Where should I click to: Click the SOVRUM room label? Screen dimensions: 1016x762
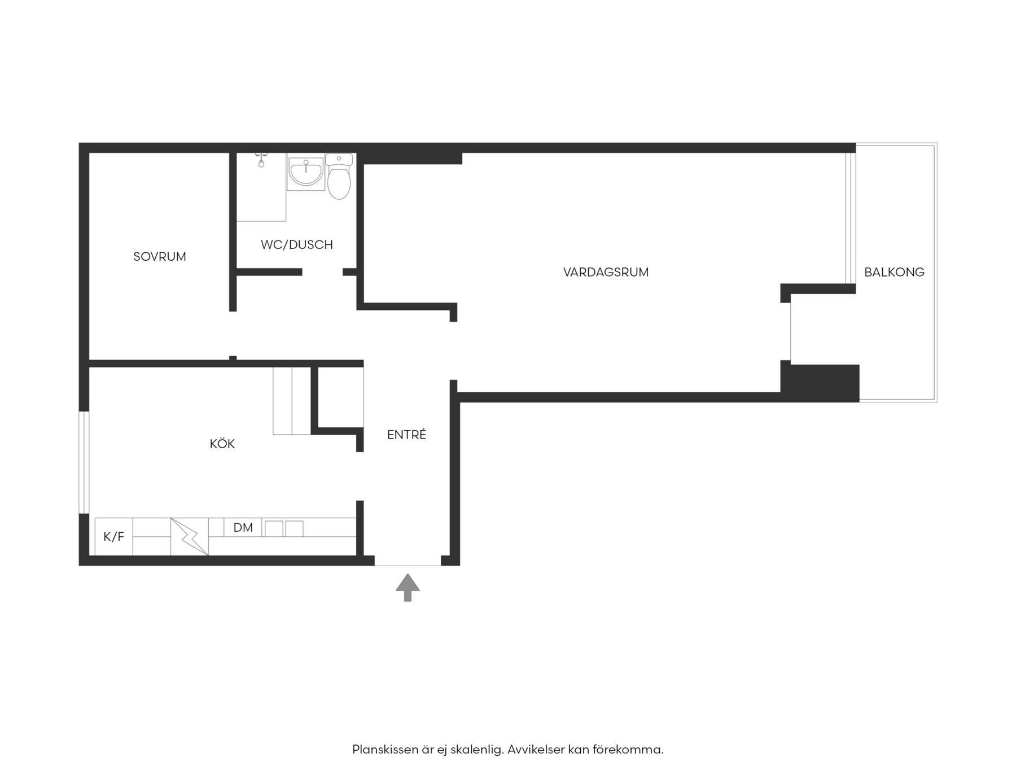click(x=160, y=257)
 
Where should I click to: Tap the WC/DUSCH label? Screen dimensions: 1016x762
click(x=297, y=245)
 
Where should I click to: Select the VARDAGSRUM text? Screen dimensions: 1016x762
click(x=606, y=272)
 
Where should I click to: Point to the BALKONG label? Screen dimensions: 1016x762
click(x=894, y=272)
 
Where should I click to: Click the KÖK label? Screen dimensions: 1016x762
click(x=222, y=444)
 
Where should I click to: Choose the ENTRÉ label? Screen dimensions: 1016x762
click(x=406, y=435)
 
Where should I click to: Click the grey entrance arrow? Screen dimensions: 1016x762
click(x=408, y=588)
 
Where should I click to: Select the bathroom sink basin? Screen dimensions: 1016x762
click(x=306, y=172)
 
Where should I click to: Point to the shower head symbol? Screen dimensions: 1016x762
click(x=261, y=160)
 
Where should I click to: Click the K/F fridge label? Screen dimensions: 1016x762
click(x=113, y=537)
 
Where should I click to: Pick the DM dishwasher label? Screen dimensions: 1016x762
click(x=243, y=527)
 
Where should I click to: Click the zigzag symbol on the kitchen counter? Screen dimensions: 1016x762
click(x=190, y=537)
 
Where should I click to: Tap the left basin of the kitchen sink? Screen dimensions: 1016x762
click(x=274, y=529)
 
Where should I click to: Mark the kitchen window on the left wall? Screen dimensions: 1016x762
click(x=84, y=462)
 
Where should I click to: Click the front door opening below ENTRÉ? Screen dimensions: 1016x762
click(x=408, y=564)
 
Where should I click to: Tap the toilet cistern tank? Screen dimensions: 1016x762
click(x=339, y=160)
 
